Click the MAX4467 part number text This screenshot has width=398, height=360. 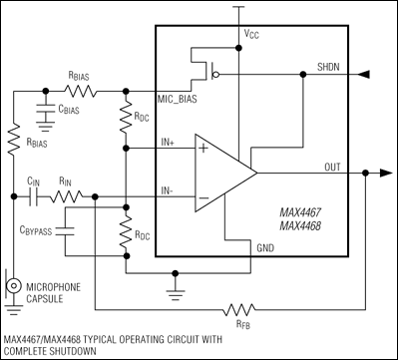tap(302, 213)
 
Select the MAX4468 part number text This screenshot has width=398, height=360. tap(302, 227)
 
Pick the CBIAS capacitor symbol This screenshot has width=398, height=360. tap(46, 112)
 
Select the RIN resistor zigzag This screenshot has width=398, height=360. tap(70, 196)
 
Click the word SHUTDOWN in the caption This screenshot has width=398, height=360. tap(51, 350)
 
